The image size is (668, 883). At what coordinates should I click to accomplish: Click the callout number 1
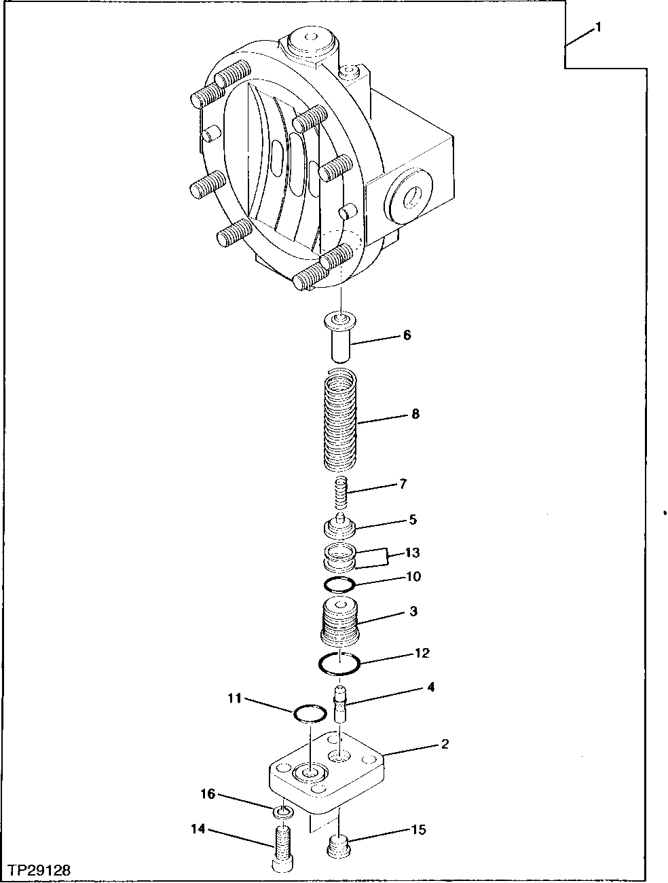[598, 27]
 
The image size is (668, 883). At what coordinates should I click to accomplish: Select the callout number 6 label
[407, 335]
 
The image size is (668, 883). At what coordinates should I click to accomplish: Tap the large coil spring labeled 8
[340, 421]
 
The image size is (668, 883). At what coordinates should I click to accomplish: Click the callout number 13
[413, 552]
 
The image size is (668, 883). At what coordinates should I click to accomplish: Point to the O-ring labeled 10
[339, 584]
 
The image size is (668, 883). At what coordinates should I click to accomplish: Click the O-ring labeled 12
[339, 663]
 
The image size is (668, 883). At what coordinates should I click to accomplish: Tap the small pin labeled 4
[341, 705]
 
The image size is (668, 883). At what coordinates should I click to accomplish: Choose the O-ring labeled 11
[310, 713]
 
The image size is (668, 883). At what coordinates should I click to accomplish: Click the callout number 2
[445, 745]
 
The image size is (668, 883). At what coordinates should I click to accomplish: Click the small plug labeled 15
[339, 847]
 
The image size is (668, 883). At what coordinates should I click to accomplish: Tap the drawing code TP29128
[39, 869]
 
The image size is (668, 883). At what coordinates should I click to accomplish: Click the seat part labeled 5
[339, 526]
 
